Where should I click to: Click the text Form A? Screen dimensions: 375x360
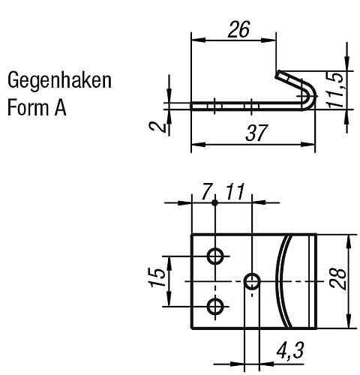(x=37, y=107)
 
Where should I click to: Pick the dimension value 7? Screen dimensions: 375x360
(x=207, y=194)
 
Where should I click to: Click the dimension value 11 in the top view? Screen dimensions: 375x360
(x=235, y=194)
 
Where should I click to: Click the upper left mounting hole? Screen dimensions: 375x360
(x=216, y=256)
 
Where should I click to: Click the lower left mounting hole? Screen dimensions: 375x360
(x=216, y=306)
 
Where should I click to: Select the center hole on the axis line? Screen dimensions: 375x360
(x=252, y=281)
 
